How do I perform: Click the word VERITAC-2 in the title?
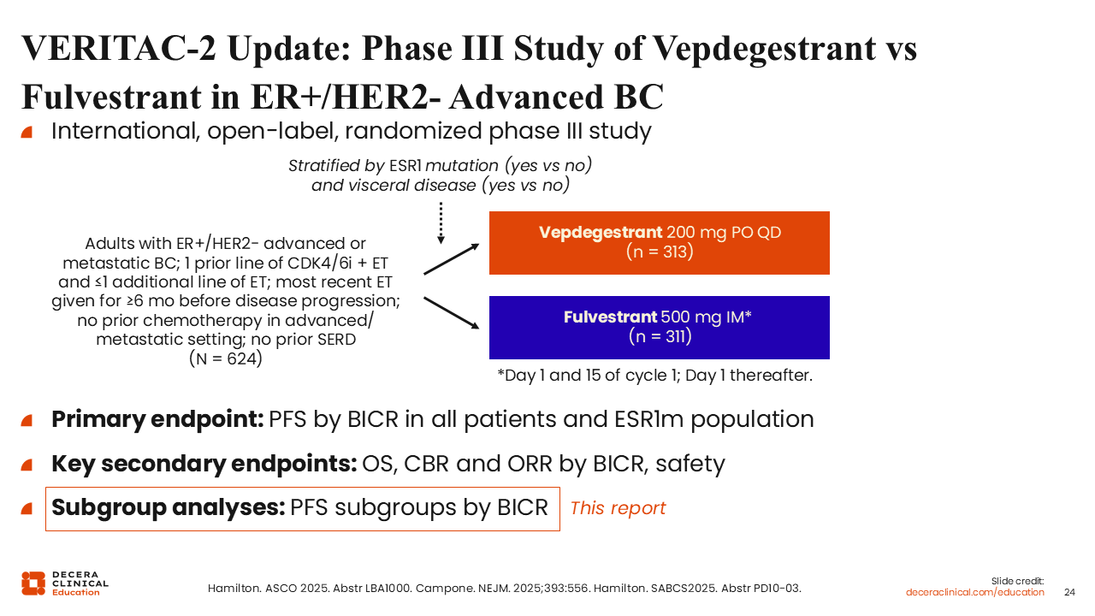tap(118, 49)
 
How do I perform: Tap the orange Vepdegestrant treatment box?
tap(659, 243)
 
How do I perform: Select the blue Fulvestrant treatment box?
tap(659, 328)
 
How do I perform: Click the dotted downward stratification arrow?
tap(441, 223)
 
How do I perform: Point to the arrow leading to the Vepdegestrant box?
tap(451, 259)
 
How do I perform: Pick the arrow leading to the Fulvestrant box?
tap(451, 313)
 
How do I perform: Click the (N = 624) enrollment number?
tap(226, 358)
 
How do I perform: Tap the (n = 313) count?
tap(660, 252)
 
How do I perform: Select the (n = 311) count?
tap(660, 336)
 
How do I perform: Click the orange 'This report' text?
tap(618, 508)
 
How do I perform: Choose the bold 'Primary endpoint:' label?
tap(158, 419)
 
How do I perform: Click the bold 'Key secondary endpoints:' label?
tap(204, 464)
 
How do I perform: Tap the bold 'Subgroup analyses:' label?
tap(169, 507)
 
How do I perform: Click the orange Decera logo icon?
tap(33, 583)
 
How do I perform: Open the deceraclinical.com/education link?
tap(974, 592)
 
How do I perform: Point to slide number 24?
tap(1069, 592)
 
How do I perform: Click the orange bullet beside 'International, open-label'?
tap(27, 132)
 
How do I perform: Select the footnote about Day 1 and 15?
tap(654, 376)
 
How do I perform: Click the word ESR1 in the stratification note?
tap(405, 166)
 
